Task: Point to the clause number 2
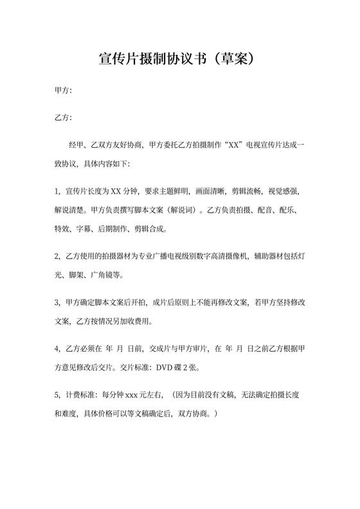coord(57,256)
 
